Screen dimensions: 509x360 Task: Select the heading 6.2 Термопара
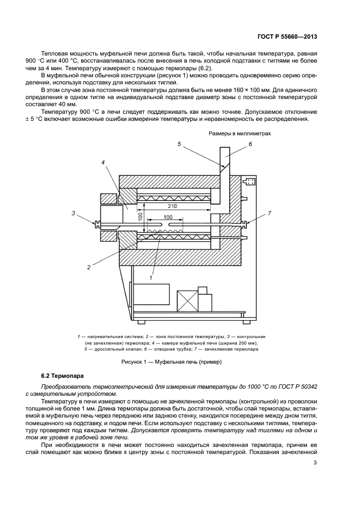coord(64,376)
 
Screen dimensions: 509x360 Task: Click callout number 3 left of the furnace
coord(73,213)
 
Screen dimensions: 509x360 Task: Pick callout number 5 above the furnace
coord(179,144)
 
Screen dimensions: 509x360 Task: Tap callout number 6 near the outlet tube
coord(251,144)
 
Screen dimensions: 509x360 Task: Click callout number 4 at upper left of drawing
coord(102,162)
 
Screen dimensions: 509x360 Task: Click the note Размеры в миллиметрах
coord(240,133)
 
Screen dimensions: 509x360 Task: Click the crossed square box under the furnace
coord(187,301)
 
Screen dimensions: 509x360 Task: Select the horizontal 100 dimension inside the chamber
coord(168,218)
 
